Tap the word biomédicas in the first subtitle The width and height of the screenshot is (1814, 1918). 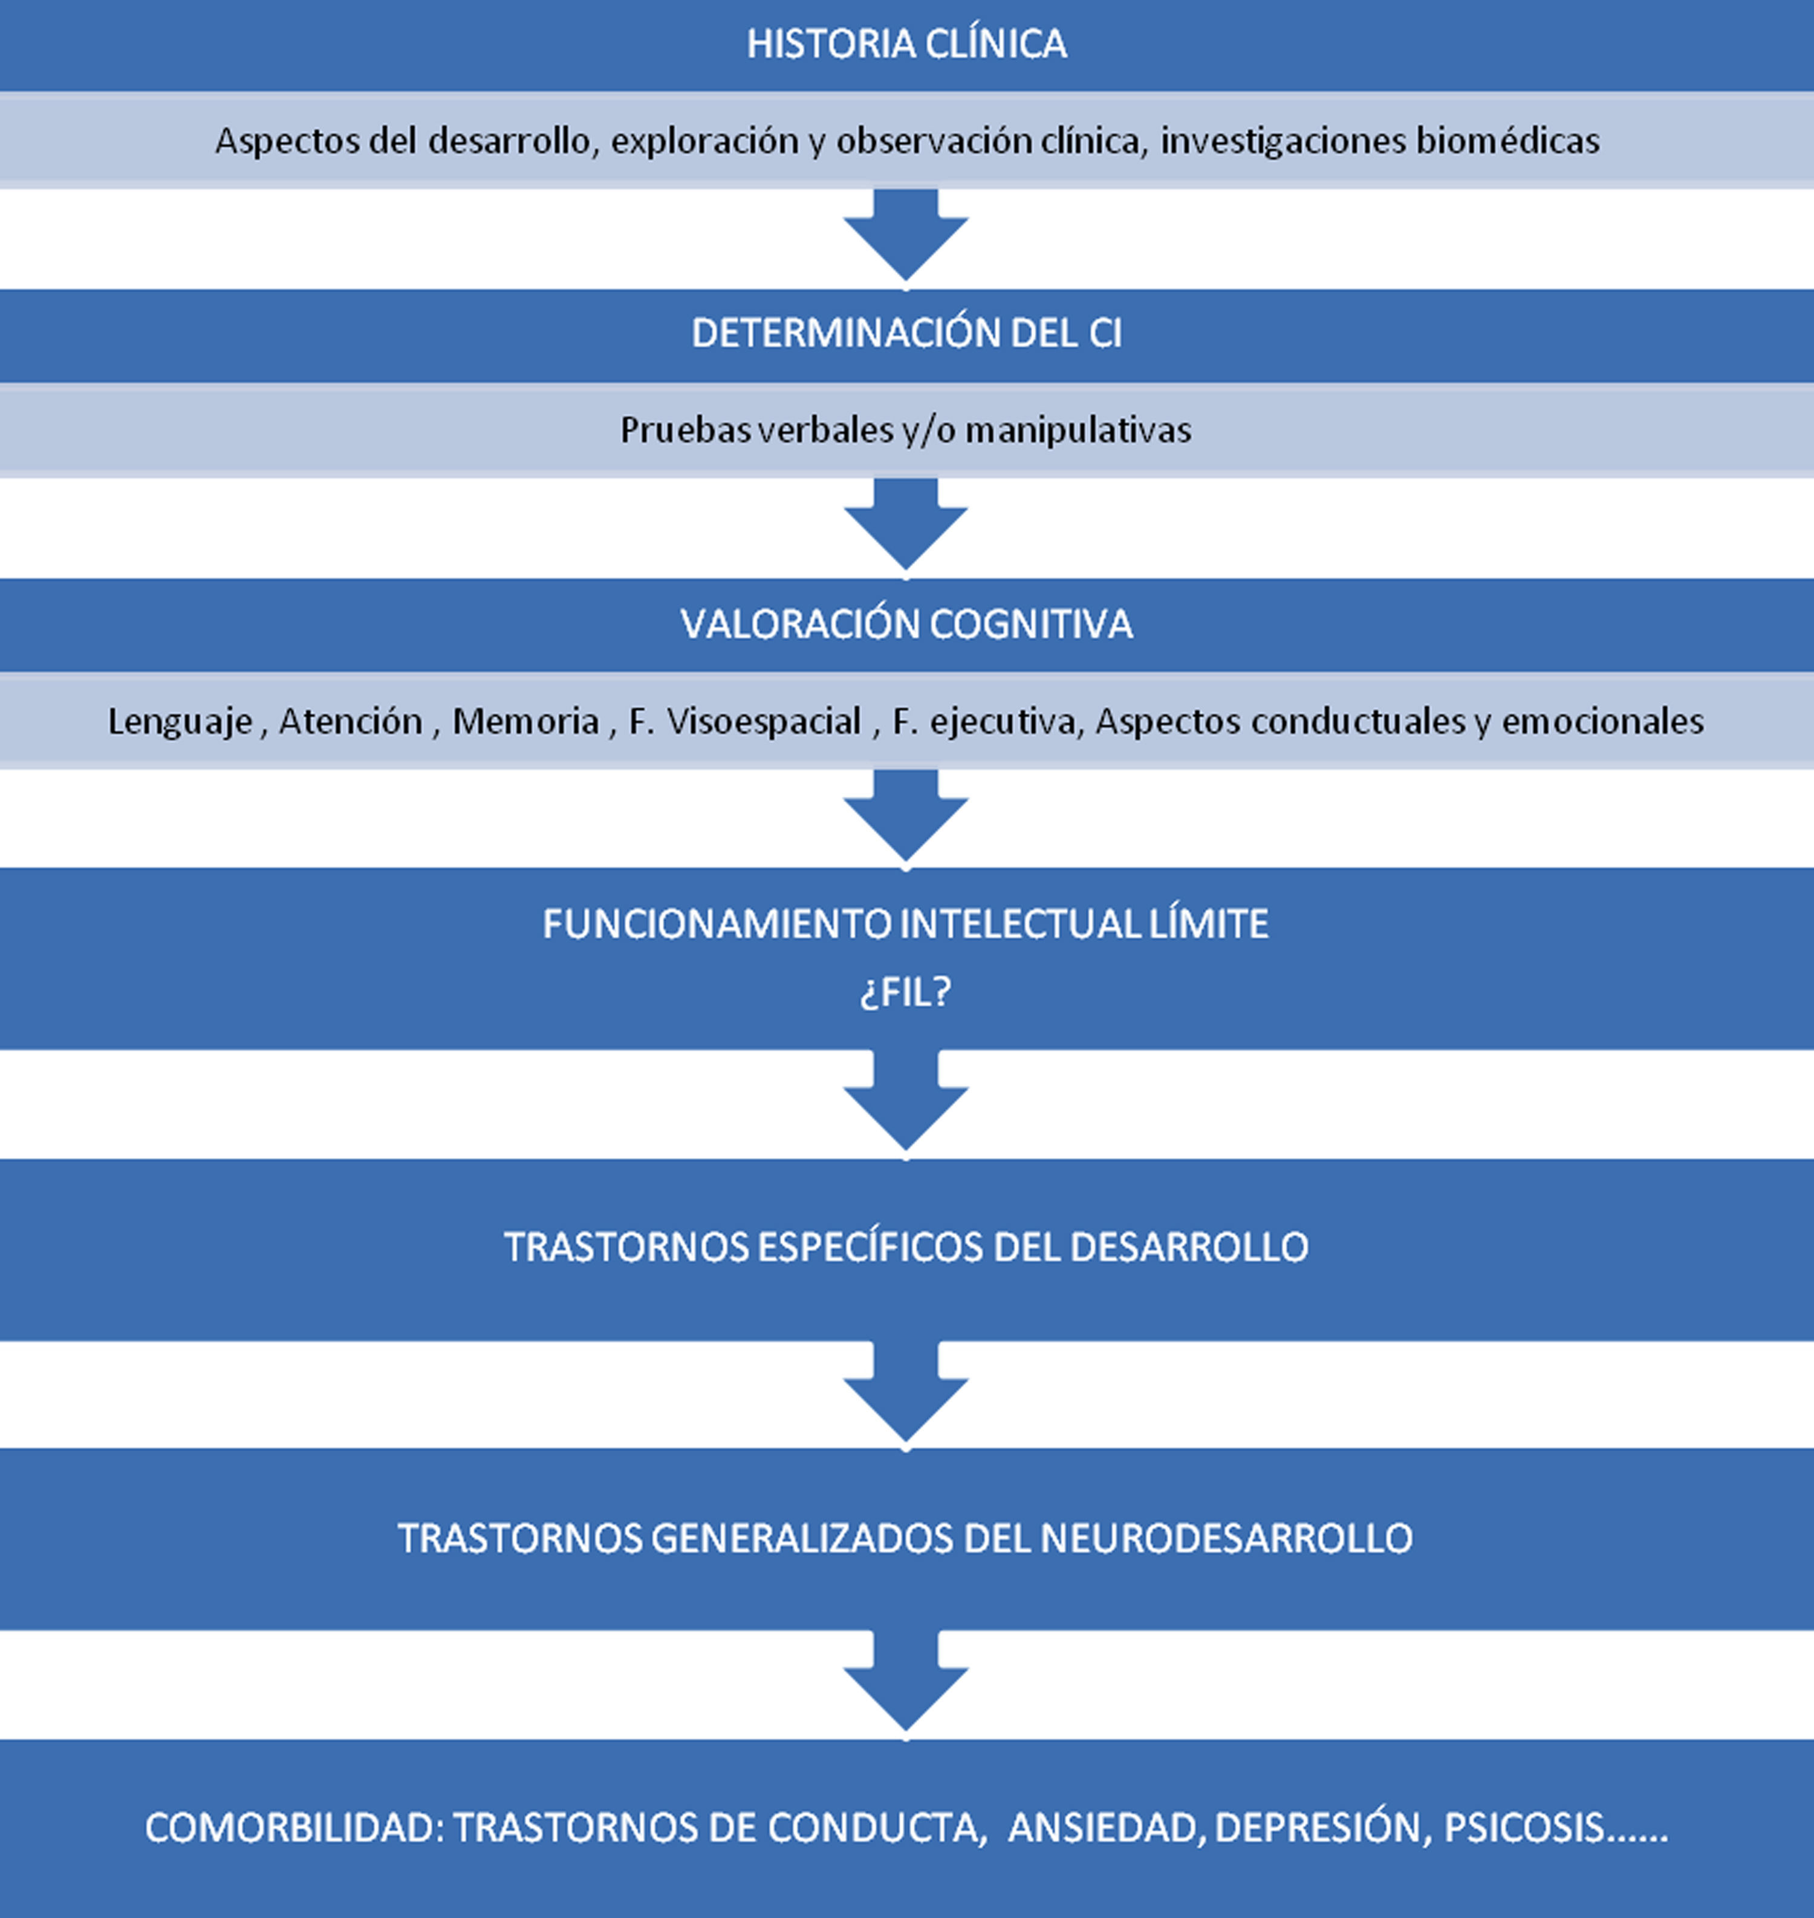(1507, 141)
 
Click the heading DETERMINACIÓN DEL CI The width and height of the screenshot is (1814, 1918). (906, 334)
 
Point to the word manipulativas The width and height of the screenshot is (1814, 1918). (1078, 430)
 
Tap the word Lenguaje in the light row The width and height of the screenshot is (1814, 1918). (180, 721)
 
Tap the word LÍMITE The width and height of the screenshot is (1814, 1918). (1209, 924)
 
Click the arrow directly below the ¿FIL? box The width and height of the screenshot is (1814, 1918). (906, 1102)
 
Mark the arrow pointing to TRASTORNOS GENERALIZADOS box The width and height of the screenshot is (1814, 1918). (906, 1392)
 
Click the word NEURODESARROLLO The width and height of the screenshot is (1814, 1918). (1226, 1538)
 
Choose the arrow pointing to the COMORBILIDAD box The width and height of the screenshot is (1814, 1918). (906, 1682)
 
